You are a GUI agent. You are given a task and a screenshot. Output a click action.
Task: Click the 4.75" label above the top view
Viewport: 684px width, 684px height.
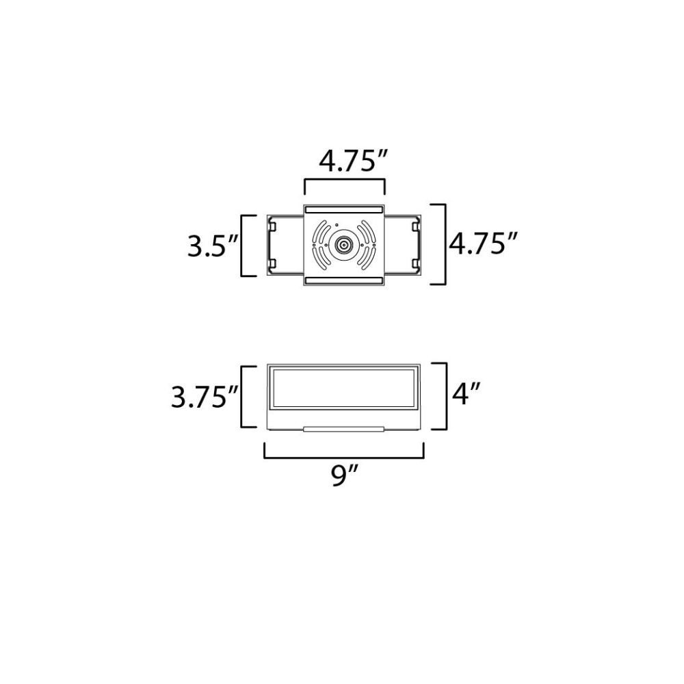(354, 161)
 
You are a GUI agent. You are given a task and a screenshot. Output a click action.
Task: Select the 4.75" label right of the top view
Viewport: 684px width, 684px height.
(484, 244)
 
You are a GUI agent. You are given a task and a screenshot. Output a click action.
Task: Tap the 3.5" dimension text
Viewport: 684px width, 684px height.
(213, 246)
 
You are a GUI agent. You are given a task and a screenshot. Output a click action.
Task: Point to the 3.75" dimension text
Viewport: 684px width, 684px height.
(205, 397)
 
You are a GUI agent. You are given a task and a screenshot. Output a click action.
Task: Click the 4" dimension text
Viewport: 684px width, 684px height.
(466, 394)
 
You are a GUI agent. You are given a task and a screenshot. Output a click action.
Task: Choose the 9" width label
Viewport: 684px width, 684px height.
(344, 475)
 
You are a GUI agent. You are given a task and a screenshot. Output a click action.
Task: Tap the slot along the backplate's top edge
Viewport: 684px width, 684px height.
(344, 209)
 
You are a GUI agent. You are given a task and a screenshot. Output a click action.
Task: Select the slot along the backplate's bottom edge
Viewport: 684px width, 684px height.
(344, 280)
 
